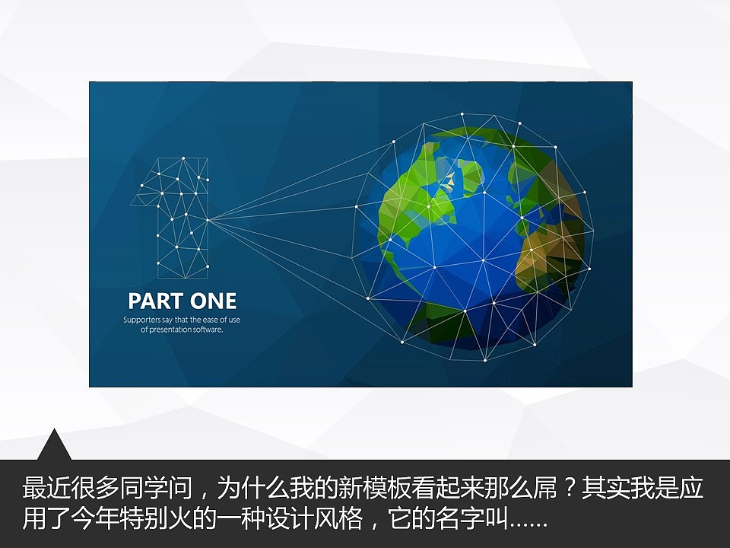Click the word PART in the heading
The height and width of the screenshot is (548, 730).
[152, 301]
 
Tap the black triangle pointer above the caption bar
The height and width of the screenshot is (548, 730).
[54, 445]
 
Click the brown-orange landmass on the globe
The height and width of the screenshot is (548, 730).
[544, 251]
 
